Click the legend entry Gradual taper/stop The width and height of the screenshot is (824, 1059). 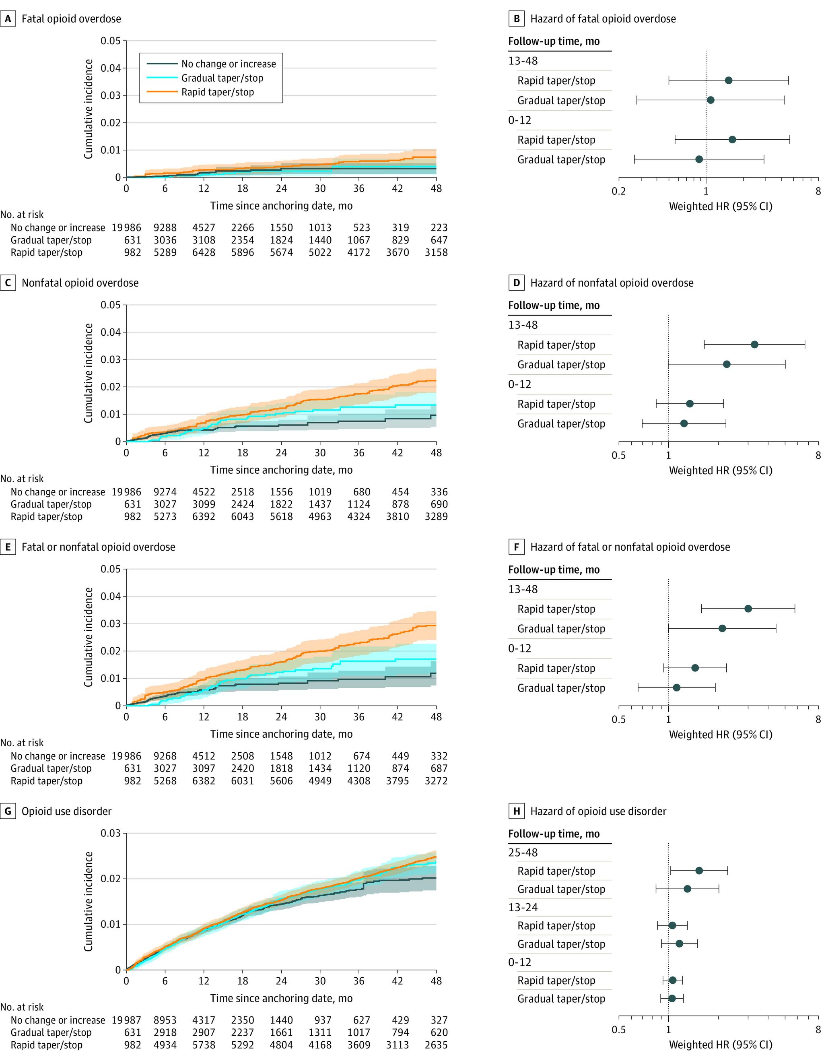click(x=222, y=78)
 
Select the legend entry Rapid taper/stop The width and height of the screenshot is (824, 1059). click(x=217, y=92)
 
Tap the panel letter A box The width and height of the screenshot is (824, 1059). click(x=8, y=19)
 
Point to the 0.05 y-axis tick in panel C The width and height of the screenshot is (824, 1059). click(x=111, y=305)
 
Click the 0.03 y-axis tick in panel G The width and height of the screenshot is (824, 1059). click(x=111, y=833)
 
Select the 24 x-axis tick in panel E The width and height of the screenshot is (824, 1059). click(x=281, y=717)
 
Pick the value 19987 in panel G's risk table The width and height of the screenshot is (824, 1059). click(x=126, y=1020)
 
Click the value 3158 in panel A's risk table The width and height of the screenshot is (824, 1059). click(x=436, y=252)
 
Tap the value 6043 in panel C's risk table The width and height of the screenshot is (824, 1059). click(x=242, y=516)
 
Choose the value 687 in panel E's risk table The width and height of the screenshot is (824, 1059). click(x=439, y=768)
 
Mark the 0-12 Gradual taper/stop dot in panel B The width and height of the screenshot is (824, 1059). click(x=699, y=159)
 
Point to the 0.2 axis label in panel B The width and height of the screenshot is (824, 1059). click(x=618, y=191)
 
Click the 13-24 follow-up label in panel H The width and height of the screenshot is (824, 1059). click(x=523, y=908)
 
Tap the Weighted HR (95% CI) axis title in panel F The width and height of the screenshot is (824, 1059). click(x=720, y=735)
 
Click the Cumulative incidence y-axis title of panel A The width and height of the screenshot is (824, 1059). click(x=88, y=109)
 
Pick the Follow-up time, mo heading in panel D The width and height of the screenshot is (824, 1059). click(x=554, y=306)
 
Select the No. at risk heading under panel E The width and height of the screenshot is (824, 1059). click(x=22, y=743)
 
